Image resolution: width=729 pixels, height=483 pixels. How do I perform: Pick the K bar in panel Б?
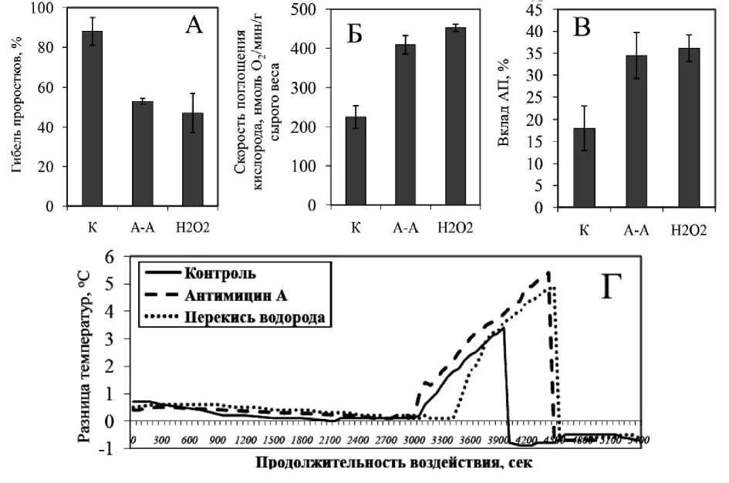point(356,161)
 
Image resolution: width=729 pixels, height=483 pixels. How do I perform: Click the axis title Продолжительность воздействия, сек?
point(386,464)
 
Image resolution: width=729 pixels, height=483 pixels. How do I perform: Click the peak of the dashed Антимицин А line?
point(548,272)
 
